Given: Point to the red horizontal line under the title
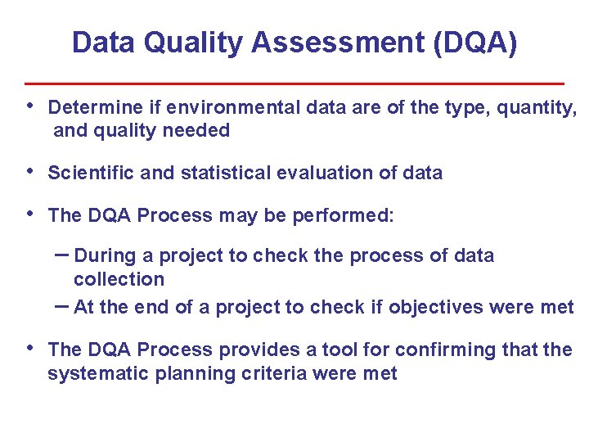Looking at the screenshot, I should [294, 83].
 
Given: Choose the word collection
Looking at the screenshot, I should [119, 279].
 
